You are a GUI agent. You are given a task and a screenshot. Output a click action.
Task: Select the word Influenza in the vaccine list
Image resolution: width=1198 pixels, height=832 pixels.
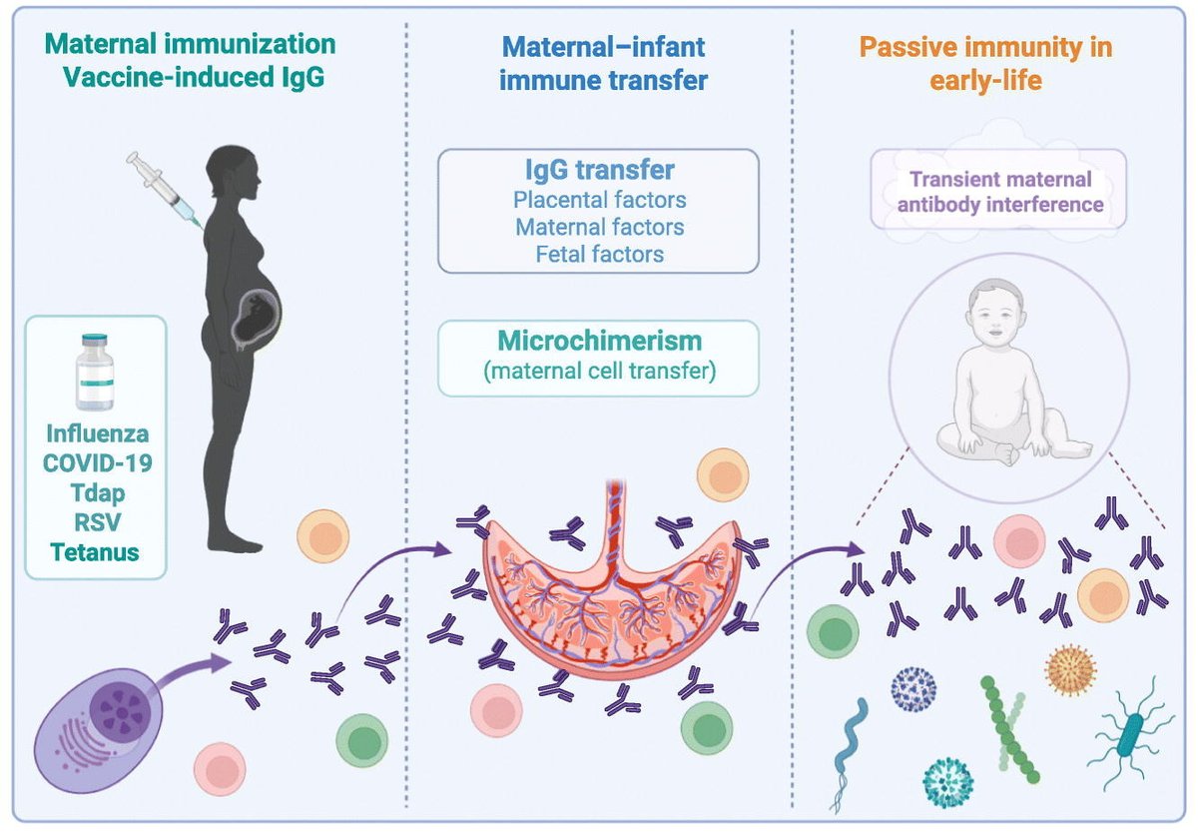point(96,435)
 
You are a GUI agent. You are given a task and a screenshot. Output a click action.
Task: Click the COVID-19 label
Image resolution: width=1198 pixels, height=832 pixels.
point(96,464)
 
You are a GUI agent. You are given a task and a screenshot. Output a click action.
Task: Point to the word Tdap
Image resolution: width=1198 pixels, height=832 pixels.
point(96,493)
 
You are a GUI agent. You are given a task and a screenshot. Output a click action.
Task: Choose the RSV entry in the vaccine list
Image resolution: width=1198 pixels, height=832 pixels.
point(96,522)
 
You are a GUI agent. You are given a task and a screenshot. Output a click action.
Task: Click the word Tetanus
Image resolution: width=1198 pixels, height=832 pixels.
point(96,551)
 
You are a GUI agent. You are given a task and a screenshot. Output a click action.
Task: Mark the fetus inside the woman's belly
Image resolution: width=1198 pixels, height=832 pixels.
point(254,319)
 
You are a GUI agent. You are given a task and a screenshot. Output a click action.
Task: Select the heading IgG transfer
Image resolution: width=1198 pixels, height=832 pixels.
point(598,170)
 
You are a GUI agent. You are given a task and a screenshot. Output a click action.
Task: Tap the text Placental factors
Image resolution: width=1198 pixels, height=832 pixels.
point(598,200)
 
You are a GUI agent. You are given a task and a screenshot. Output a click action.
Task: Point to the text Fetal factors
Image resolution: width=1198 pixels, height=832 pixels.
point(598,255)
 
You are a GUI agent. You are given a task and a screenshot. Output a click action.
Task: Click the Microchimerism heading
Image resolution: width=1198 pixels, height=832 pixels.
point(598,342)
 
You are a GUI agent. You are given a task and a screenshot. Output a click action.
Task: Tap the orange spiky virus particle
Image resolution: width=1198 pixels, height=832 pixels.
point(1070,669)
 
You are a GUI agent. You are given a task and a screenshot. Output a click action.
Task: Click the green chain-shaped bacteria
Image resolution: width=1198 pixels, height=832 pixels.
point(1008,728)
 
